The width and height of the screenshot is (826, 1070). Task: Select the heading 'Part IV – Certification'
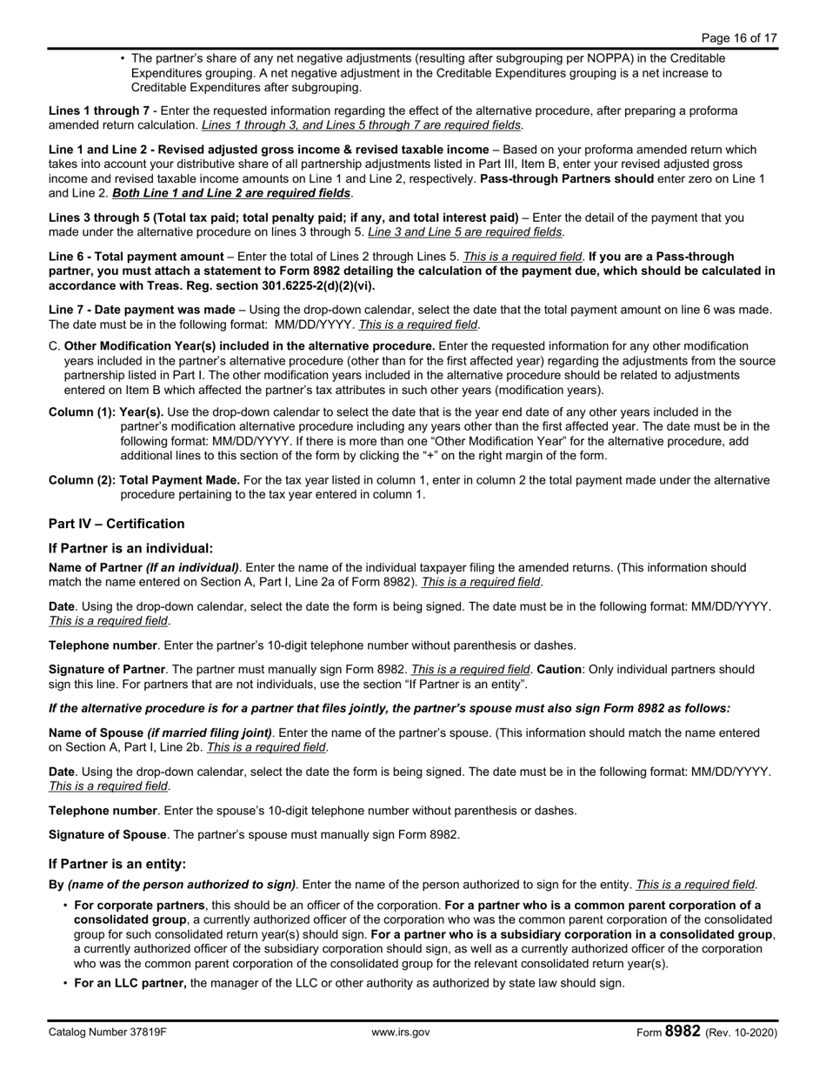coord(117,524)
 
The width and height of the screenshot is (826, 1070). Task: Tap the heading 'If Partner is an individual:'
coord(130,548)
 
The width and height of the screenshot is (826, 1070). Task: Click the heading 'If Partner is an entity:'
coord(117,864)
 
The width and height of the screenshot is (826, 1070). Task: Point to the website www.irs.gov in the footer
coord(401,1033)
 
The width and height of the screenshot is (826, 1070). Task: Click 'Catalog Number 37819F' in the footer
coord(107,1033)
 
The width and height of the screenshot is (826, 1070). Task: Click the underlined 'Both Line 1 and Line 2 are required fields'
coord(232,192)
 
